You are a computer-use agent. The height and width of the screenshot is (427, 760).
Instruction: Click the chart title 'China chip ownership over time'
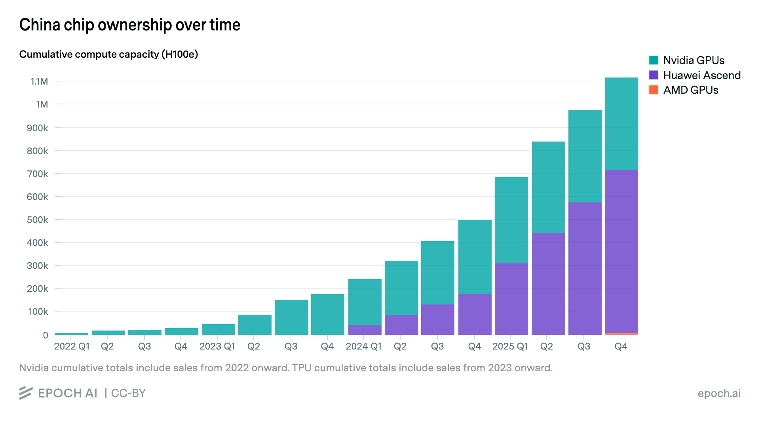tap(130, 25)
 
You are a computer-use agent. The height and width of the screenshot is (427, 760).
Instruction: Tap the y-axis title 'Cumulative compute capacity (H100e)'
tap(108, 54)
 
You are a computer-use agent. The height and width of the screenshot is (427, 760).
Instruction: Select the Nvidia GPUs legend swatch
tap(654, 60)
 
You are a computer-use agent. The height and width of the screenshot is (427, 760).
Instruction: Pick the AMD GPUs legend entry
tap(690, 90)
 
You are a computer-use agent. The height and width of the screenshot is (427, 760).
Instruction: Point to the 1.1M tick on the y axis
tap(39, 81)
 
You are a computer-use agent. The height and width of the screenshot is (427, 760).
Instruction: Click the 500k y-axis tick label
tap(38, 220)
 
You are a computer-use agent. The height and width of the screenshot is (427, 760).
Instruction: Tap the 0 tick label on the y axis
tap(46, 335)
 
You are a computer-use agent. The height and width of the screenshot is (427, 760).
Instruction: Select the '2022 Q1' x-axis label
tap(72, 347)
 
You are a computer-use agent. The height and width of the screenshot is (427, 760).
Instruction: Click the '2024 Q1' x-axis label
tap(363, 347)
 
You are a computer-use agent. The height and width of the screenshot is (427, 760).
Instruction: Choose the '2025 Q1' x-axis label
tap(510, 347)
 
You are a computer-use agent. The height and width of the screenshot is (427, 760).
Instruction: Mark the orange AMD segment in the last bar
tap(621, 334)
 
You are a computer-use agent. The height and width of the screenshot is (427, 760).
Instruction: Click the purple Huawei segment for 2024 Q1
tap(365, 330)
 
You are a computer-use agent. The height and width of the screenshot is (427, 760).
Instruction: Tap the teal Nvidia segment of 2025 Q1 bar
tap(511, 220)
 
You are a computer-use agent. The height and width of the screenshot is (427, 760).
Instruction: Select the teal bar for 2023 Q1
tap(218, 330)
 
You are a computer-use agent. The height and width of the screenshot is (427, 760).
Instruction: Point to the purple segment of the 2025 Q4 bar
tap(621, 251)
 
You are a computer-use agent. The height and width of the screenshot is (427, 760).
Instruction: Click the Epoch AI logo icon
tap(26, 393)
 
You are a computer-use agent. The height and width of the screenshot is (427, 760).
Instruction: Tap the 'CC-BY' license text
tap(128, 393)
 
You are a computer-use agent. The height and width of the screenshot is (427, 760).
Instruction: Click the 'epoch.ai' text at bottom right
tap(719, 393)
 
